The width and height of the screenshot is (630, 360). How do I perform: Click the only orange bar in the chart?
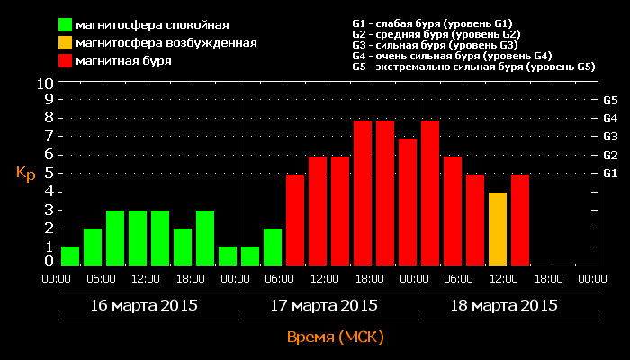tap(498, 229)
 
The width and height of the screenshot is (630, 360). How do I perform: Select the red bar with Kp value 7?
tap(408, 202)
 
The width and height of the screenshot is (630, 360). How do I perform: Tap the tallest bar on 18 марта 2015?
tap(430, 193)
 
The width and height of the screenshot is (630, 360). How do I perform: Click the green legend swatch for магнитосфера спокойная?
tap(66, 24)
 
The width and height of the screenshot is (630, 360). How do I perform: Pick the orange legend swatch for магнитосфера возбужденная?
tap(66, 42)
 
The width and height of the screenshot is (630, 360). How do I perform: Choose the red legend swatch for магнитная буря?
tap(66, 61)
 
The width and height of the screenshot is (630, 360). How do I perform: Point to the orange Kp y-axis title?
tap(25, 174)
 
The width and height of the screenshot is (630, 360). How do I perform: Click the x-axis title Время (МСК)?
tap(335, 337)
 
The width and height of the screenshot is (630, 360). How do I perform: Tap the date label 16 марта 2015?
tap(144, 306)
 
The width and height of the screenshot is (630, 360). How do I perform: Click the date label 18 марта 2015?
tap(504, 306)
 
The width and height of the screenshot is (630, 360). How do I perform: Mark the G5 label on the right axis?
tap(609, 101)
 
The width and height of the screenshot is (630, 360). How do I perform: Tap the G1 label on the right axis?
tap(609, 174)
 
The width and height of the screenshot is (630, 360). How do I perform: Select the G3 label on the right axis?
tap(609, 137)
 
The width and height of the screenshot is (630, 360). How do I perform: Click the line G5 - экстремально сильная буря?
tap(473, 67)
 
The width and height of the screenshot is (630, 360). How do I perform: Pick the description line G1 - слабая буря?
tap(433, 22)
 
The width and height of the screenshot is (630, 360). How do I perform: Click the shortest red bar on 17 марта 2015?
tap(295, 220)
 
